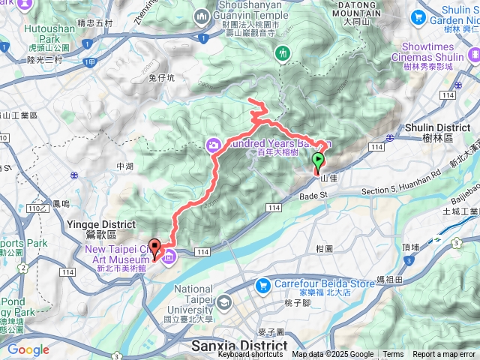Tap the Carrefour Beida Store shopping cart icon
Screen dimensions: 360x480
[262, 285]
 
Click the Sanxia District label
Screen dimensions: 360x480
[239, 346]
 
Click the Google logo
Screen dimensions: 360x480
[28, 349]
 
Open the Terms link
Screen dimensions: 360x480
[393, 355]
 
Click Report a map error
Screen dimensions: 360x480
[445, 355]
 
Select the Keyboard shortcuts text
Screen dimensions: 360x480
[250, 355]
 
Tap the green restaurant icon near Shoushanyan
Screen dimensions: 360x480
[283, 53]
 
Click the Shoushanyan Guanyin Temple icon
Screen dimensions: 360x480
[202, 16]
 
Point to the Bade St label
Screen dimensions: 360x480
[315, 195]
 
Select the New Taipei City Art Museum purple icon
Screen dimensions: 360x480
[168, 257]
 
